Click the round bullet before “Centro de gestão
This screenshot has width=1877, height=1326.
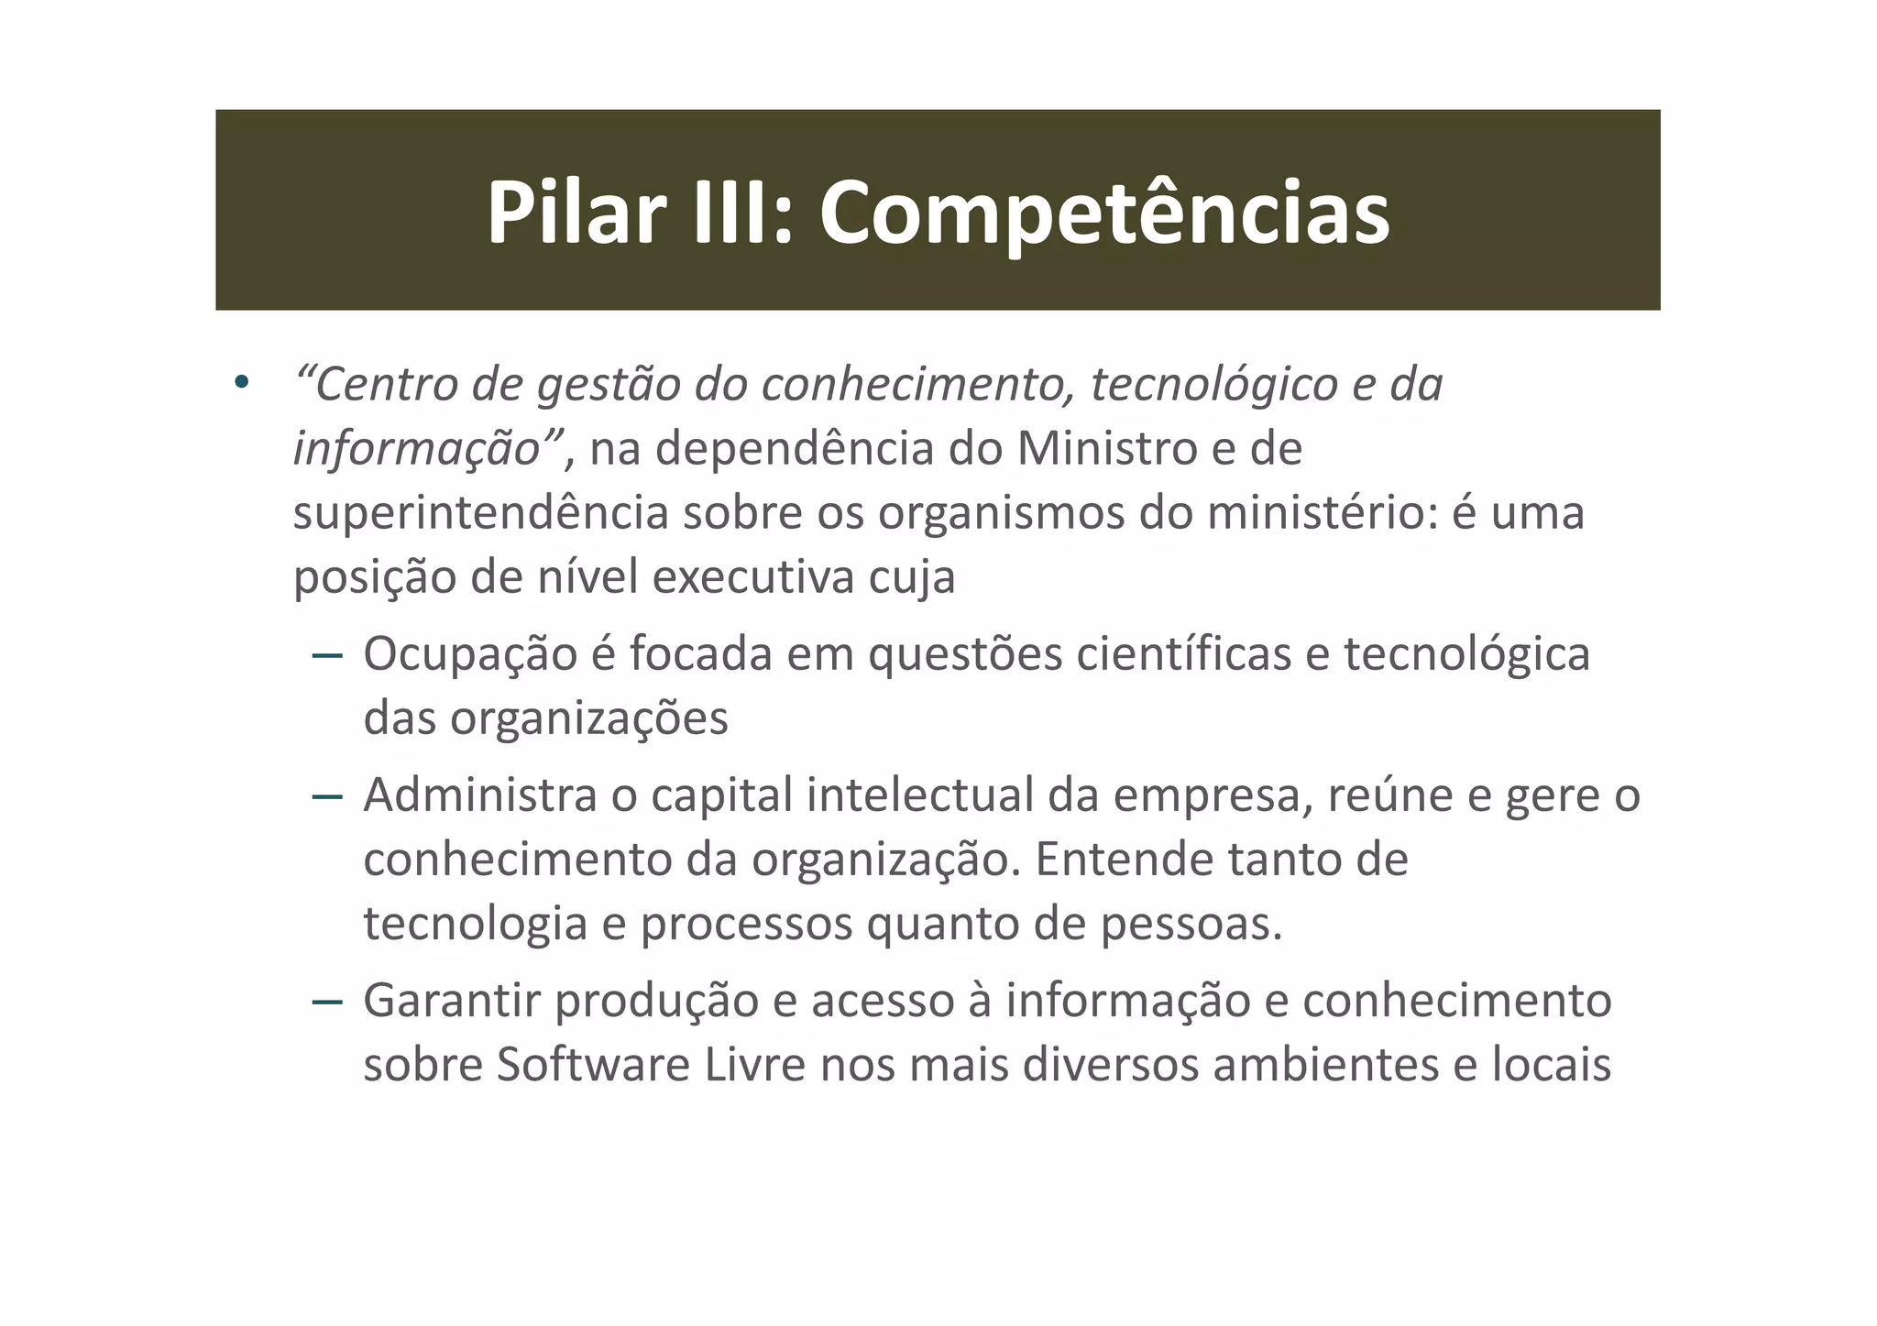tap(241, 382)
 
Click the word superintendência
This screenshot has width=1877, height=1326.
tap(481, 513)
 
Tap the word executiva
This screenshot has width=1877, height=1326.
tap(751, 577)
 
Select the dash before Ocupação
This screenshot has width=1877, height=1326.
tap(327, 656)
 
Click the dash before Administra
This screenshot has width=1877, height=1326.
tap(327, 796)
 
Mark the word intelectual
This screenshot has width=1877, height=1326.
tap(919, 795)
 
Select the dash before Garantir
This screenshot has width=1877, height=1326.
tap(327, 1002)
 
